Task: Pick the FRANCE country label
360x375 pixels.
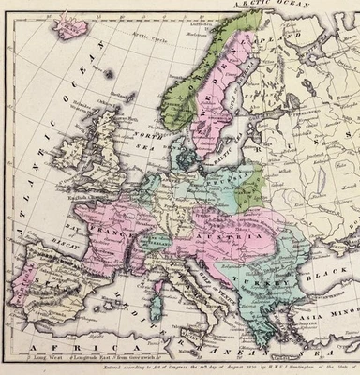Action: click(x=117, y=229)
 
